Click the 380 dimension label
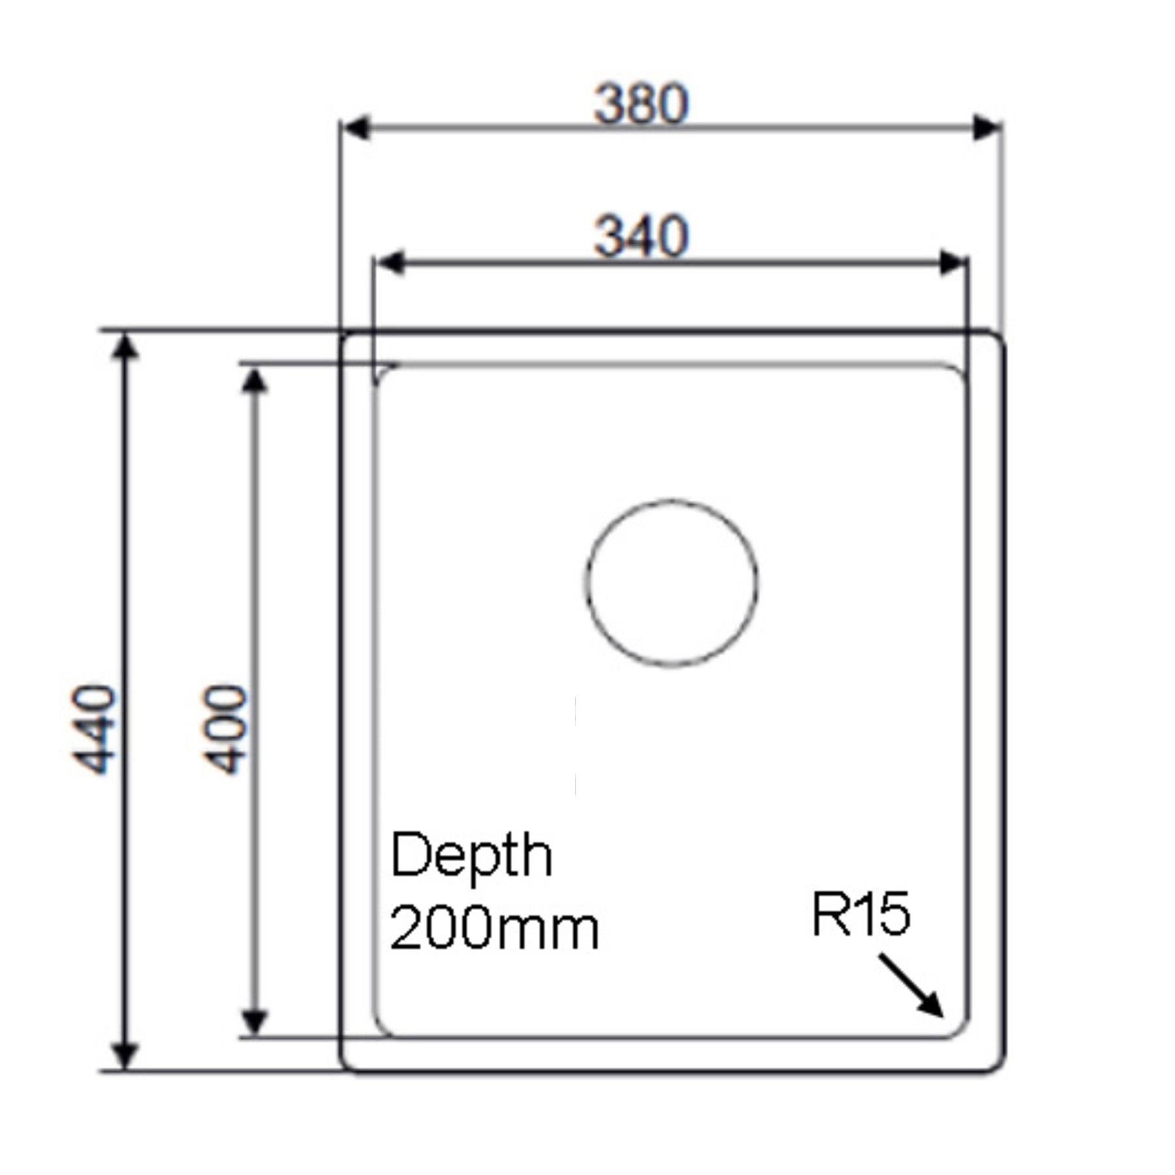pyautogui.click(x=641, y=104)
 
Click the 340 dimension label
pyautogui.click(x=641, y=236)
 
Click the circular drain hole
pyautogui.click(x=671, y=583)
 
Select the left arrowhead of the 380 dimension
pyautogui.click(x=356, y=128)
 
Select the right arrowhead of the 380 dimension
pyautogui.click(x=987, y=128)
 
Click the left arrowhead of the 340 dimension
pyautogui.click(x=390, y=263)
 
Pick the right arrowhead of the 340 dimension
pyautogui.click(x=953, y=263)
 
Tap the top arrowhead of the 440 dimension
pyautogui.click(x=125, y=346)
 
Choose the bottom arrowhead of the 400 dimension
pyautogui.click(x=255, y=1022)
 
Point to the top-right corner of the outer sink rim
pyautogui.click(x=999, y=338)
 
